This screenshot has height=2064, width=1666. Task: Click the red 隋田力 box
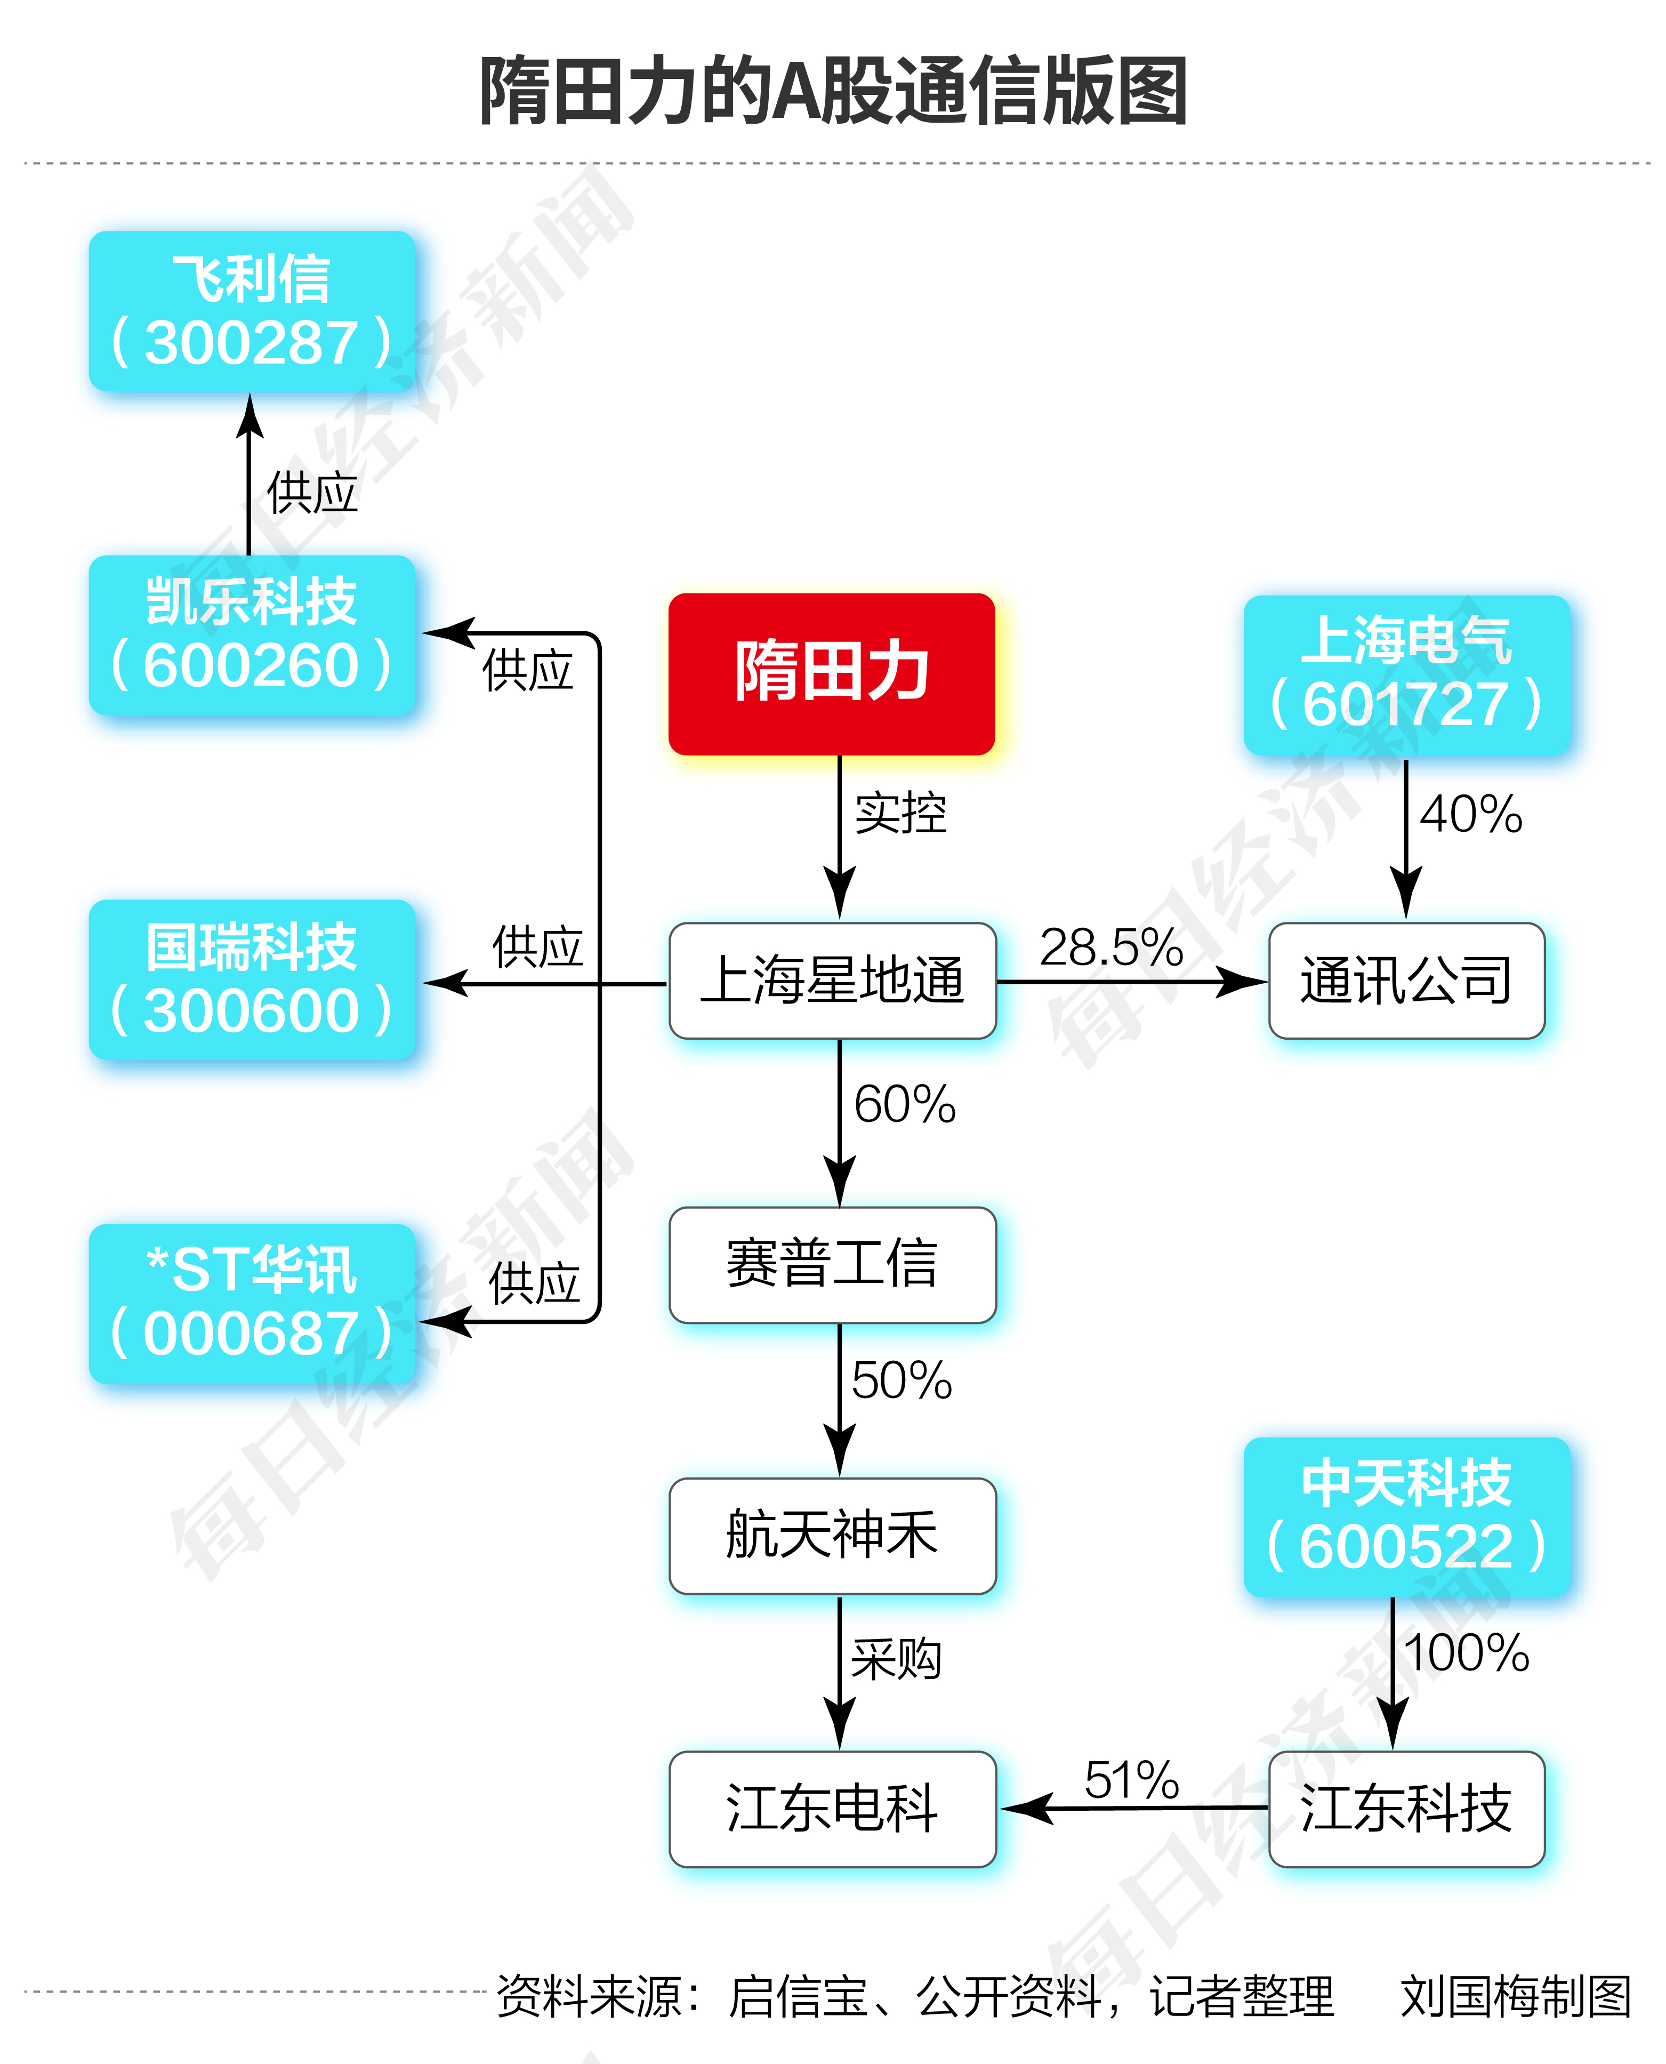(831, 673)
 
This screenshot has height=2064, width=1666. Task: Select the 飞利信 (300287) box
(252, 311)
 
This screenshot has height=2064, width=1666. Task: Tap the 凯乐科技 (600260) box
(252, 635)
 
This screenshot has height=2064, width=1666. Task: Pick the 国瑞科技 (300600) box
(252, 979)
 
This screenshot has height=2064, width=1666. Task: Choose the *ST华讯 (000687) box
(252, 1303)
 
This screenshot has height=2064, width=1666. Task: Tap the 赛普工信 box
(832, 1264)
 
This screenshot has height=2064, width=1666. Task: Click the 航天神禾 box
(832, 1535)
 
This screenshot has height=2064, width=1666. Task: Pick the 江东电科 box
(832, 1809)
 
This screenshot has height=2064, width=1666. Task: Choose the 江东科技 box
(1406, 1809)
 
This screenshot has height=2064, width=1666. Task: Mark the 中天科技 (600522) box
(1406, 1517)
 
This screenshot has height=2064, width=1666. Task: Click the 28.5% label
(1110, 948)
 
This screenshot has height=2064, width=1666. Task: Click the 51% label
(1131, 1781)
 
